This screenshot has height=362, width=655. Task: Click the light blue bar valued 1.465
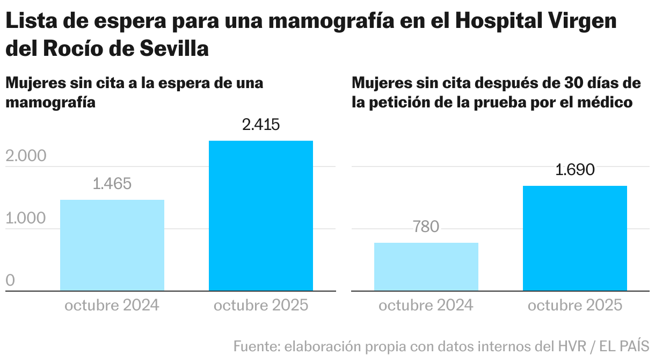pyautogui.click(x=112, y=245)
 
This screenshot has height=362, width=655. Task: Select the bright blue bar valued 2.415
pyautogui.click(x=260, y=216)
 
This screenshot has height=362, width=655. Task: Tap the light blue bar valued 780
pyautogui.click(x=426, y=266)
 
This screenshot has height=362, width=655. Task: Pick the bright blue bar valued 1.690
pyautogui.click(x=574, y=238)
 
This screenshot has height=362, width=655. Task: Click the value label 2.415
pyautogui.click(x=261, y=125)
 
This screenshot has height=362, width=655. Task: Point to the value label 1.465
pyautogui.click(x=112, y=184)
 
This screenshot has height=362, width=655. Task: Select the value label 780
pyautogui.click(x=426, y=227)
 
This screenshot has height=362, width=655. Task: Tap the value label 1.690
pyautogui.click(x=574, y=170)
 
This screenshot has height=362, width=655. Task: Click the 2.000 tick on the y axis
pyautogui.click(x=26, y=156)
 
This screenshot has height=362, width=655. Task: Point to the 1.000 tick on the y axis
pyautogui.click(x=26, y=219)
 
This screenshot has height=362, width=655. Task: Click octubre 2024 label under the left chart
pyautogui.click(x=112, y=306)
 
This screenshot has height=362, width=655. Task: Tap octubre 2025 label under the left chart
pyautogui.click(x=261, y=306)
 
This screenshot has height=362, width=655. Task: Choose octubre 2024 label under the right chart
pyautogui.click(x=426, y=306)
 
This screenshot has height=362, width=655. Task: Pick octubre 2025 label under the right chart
pyautogui.click(x=574, y=306)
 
